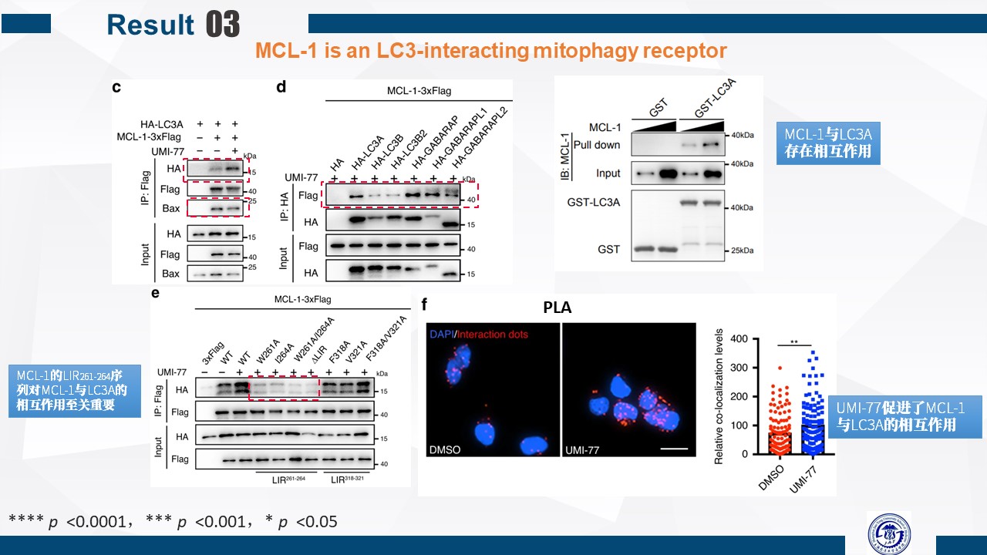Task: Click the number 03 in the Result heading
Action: [224, 24]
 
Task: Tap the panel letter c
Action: [116, 87]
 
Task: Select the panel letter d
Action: [281, 87]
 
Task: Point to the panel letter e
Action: [156, 294]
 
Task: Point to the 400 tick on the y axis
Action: [739, 338]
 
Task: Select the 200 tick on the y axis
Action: [739, 396]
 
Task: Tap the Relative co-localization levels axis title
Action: [719, 396]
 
